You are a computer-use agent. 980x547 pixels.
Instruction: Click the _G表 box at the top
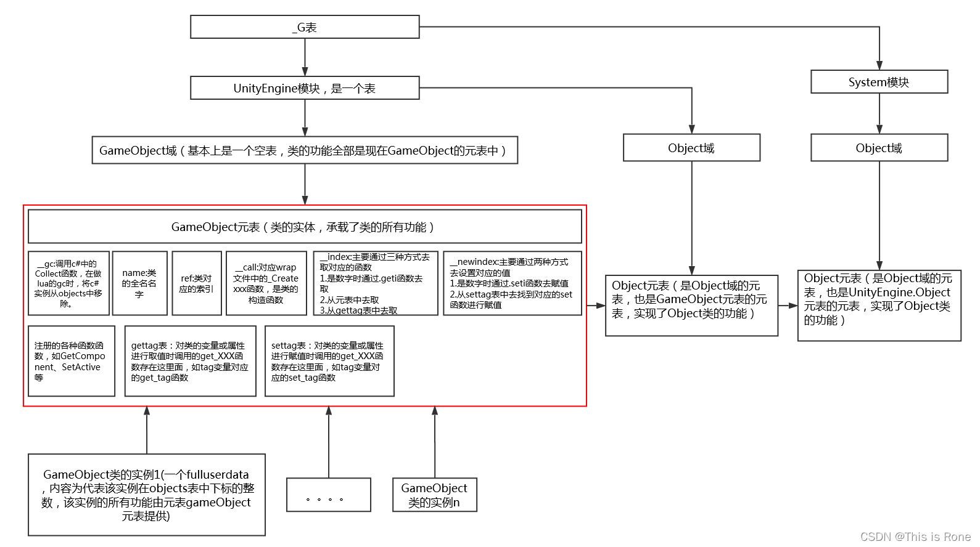coord(305,27)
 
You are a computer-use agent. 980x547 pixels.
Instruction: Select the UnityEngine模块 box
coord(305,88)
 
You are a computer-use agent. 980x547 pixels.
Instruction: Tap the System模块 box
coord(879,82)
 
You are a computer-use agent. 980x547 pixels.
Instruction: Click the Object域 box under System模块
coord(879,148)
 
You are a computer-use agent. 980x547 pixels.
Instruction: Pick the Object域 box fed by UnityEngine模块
coord(691,148)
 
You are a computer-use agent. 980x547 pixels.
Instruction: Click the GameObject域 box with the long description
coord(305,150)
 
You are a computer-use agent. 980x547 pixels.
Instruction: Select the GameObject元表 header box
coord(305,227)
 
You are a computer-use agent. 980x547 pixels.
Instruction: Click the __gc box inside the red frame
coord(68,283)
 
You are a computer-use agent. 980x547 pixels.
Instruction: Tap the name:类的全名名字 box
coord(139,283)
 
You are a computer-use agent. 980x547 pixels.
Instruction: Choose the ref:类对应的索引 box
coord(196,283)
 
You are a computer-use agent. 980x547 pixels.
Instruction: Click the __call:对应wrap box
coord(266,283)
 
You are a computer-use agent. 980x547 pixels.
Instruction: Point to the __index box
coord(376,283)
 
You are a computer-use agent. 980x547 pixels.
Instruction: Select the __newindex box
coord(512,283)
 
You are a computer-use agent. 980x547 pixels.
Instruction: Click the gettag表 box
coord(190,361)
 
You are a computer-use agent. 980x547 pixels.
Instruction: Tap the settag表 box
coord(329,361)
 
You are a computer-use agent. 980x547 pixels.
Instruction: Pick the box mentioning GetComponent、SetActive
coord(71,361)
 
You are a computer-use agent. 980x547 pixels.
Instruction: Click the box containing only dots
coord(328,495)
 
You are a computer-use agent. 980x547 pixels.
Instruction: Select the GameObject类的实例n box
coord(434,495)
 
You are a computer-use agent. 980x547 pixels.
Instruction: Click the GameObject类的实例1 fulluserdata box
coord(146,495)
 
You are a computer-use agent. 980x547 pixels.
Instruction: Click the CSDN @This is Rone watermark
coord(915,537)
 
